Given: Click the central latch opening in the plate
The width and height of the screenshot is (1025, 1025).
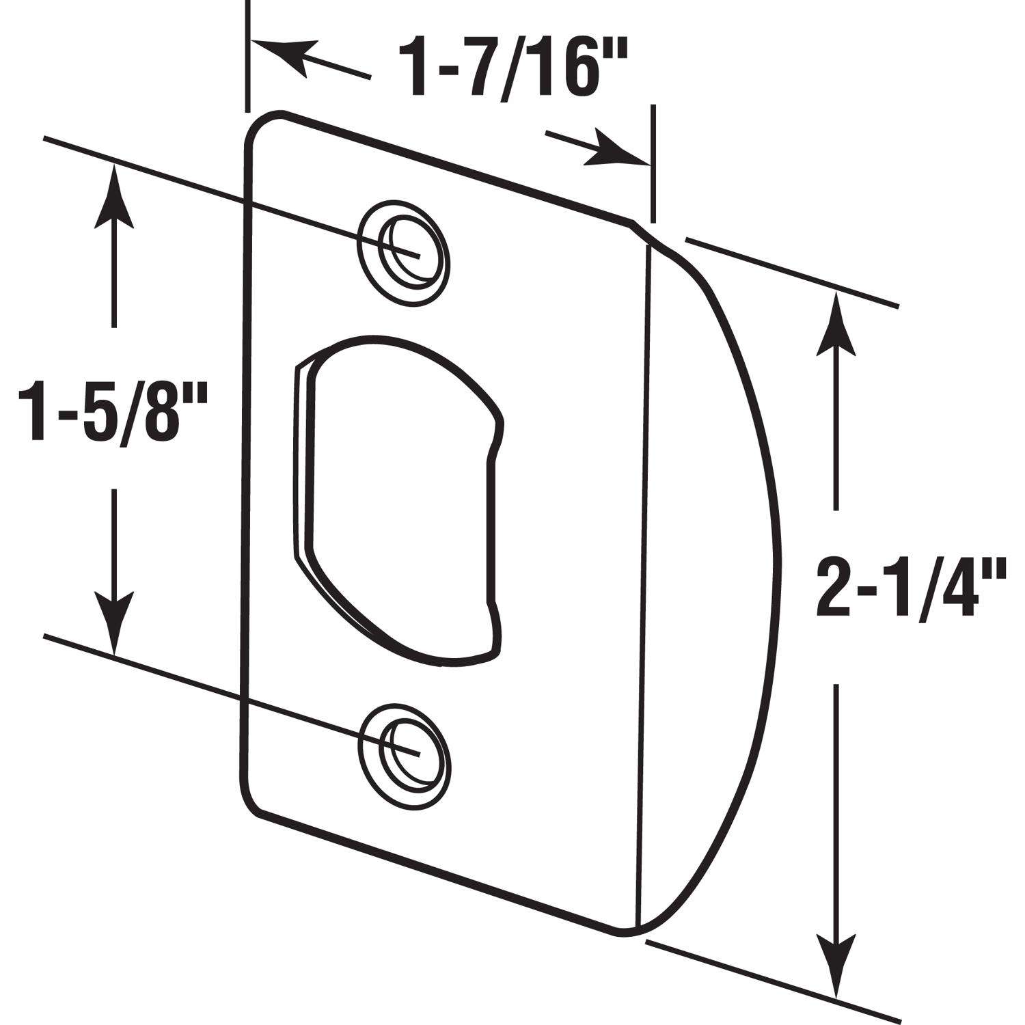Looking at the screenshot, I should [396, 499].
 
